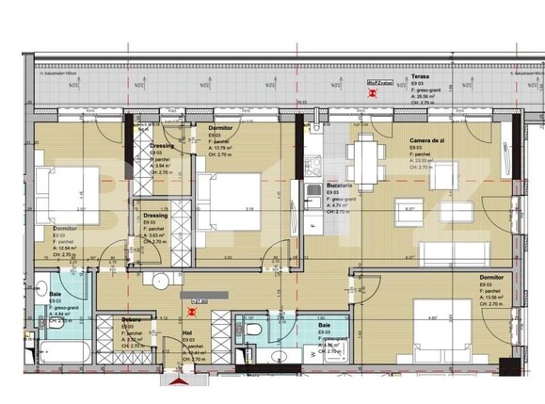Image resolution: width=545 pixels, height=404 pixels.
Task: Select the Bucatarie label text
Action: pos(339,187)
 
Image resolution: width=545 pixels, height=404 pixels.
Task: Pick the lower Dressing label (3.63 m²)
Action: pos(155,215)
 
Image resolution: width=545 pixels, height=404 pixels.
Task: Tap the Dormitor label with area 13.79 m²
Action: pos(222,128)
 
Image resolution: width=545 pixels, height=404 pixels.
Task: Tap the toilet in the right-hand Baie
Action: pos(252,331)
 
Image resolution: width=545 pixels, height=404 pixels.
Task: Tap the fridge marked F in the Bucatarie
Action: pos(312,226)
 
